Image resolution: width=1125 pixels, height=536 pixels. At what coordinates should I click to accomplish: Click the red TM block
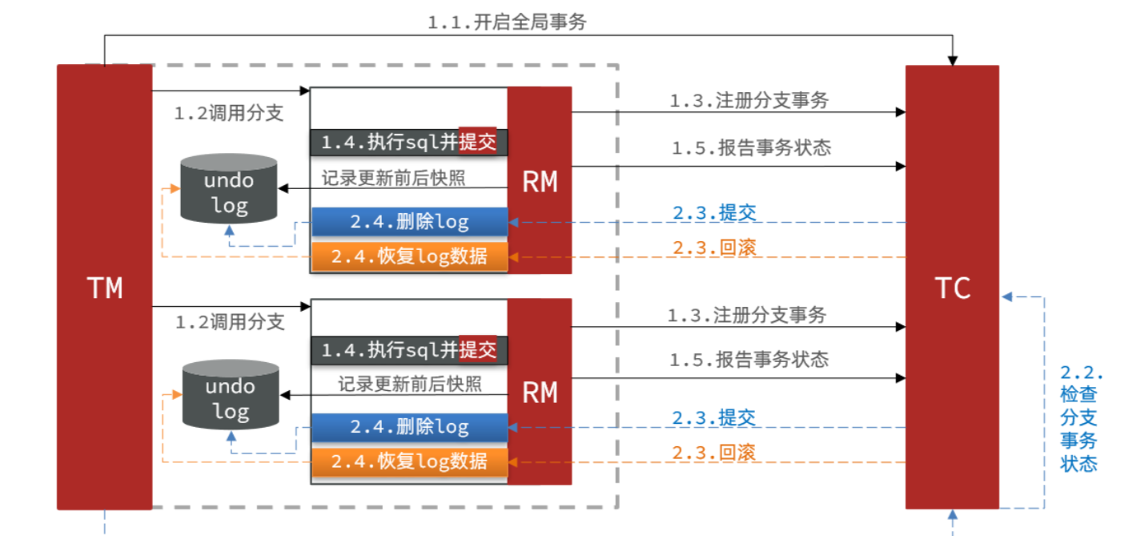point(104,287)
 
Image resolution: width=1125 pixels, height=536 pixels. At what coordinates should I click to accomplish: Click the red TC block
point(952,287)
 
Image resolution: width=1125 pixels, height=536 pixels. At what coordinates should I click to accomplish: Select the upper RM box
point(540,181)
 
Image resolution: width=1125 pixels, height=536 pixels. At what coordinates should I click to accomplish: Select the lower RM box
point(540,392)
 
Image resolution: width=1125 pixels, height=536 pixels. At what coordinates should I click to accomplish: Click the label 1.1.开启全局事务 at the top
point(507,22)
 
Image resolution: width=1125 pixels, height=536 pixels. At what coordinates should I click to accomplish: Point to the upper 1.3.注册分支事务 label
point(749,101)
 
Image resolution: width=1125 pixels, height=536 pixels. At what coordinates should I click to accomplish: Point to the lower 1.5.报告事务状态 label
point(749,359)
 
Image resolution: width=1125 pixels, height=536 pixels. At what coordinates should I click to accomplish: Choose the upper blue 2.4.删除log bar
point(409,222)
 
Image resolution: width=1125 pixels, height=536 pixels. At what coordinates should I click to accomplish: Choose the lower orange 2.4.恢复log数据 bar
point(409,461)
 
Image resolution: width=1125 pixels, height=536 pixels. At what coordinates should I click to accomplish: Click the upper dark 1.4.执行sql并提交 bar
point(408,143)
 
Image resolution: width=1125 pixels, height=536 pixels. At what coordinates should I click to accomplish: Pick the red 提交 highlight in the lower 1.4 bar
point(478,349)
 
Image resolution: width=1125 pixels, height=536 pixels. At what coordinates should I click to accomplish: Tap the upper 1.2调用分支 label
point(229,113)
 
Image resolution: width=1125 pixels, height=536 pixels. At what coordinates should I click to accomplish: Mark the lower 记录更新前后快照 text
point(409,384)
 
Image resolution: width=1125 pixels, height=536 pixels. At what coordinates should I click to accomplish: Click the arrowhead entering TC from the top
point(952,60)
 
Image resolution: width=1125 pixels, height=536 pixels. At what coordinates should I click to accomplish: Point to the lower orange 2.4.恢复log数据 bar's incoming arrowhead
point(514,461)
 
